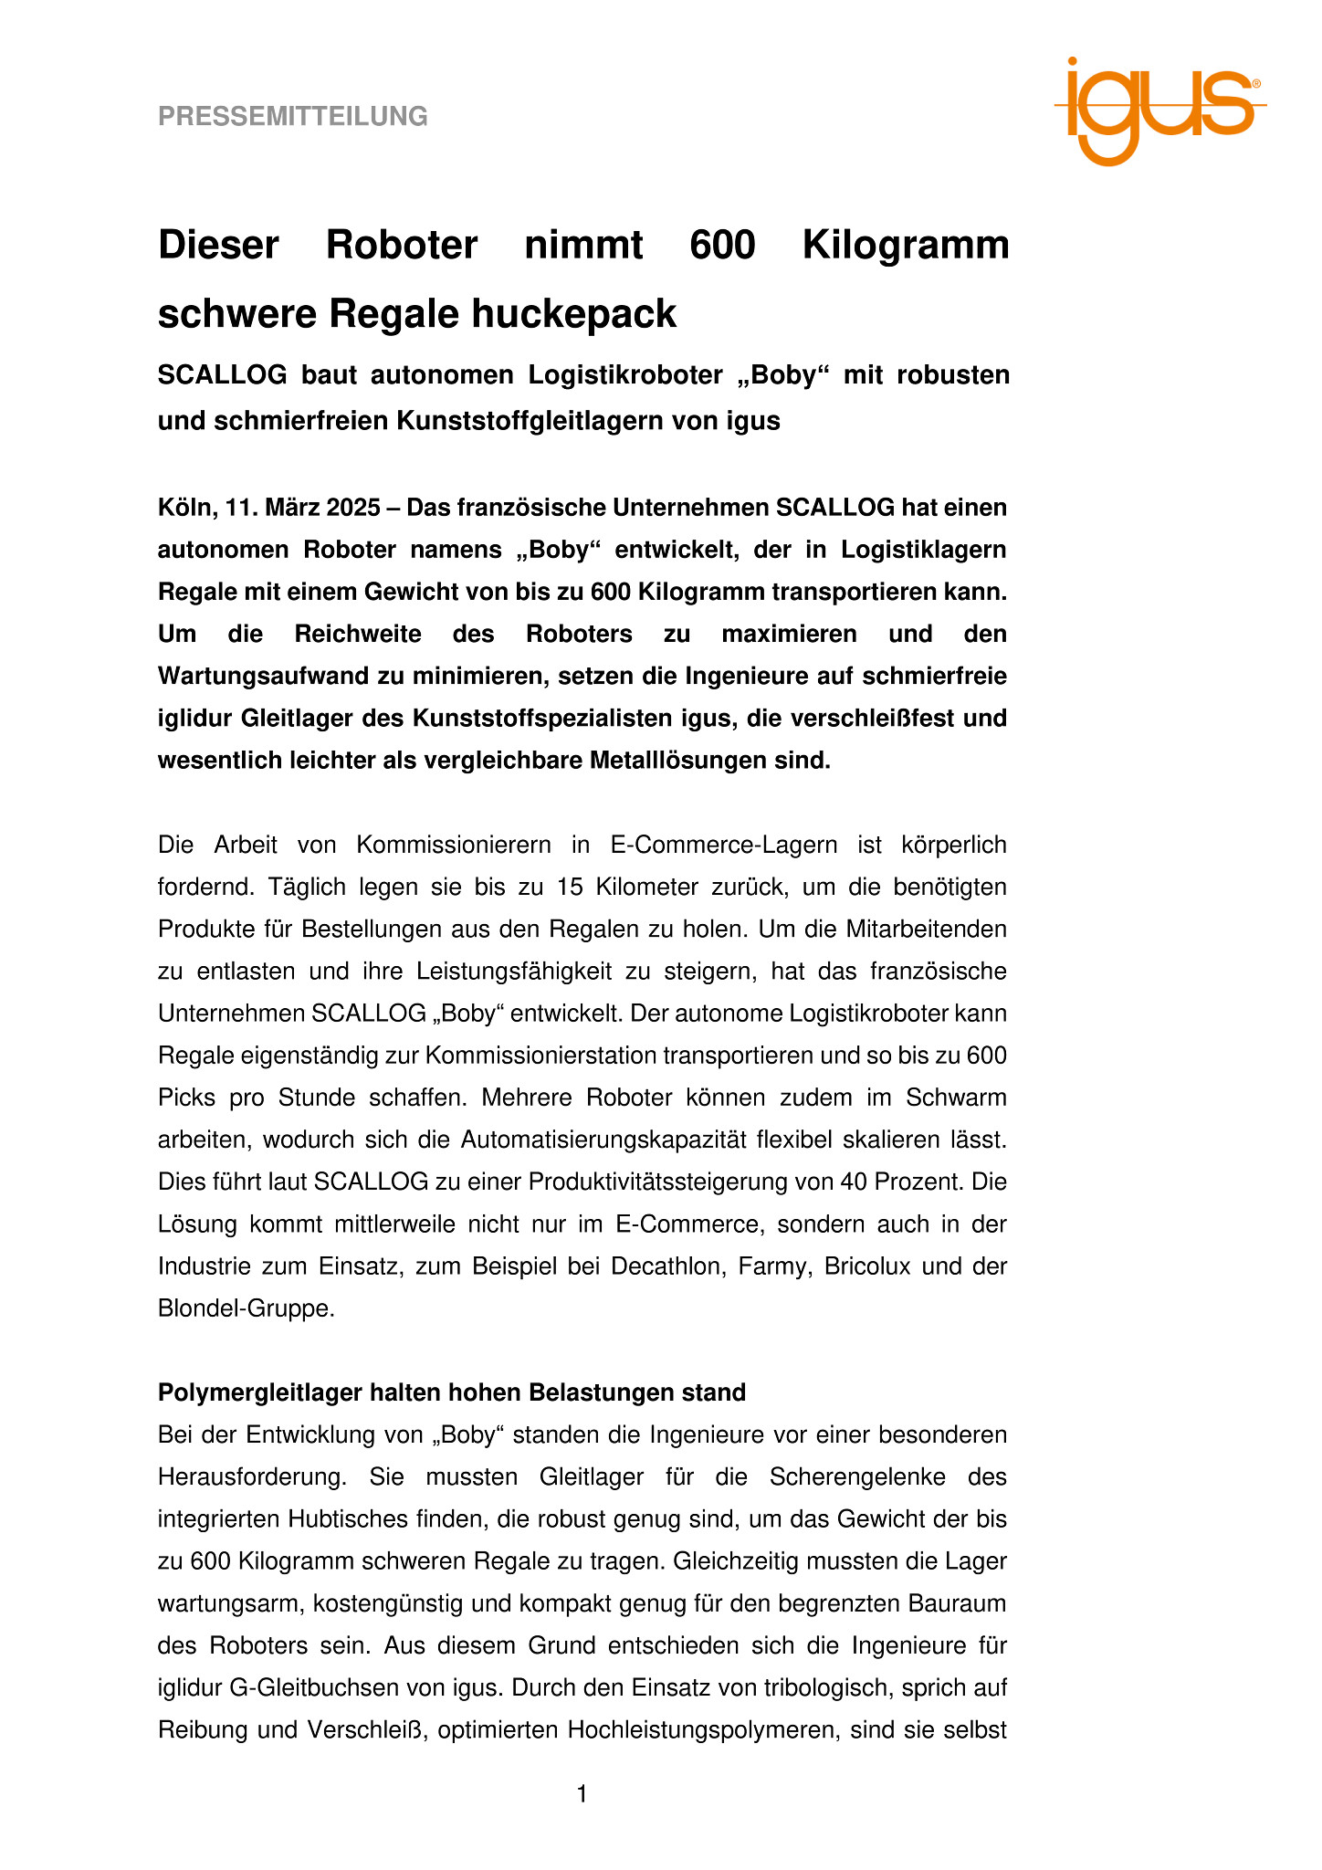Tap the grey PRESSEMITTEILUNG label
click(x=293, y=117)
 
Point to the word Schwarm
click(x=962, y=1098)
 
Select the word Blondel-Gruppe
click(x=245, y=1309)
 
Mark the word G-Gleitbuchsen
click(x=300, y=1688)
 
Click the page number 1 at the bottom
click(x=582, y=1795)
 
